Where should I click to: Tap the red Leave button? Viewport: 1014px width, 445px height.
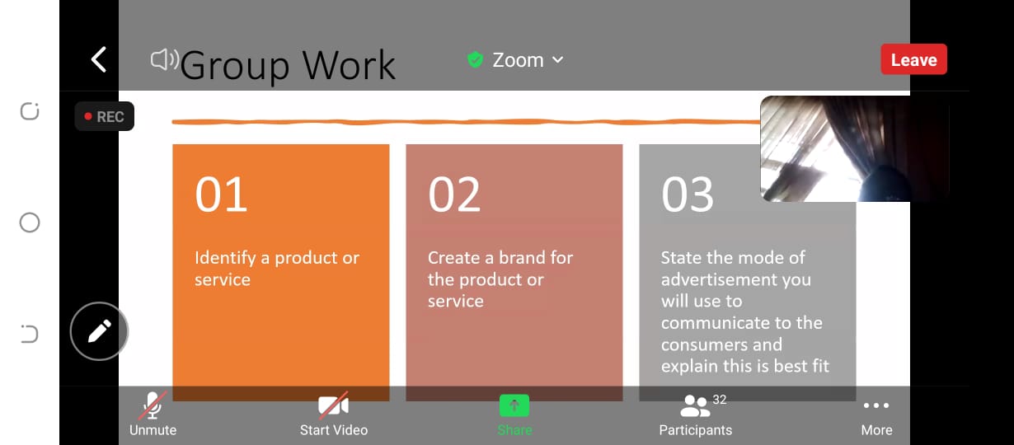(x=913, y=59)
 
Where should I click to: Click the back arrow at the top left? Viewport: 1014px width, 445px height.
(x=99, y=59)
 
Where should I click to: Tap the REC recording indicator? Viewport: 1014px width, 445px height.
(x=104, y=116)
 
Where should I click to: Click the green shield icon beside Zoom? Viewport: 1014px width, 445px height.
(x=475, y=59)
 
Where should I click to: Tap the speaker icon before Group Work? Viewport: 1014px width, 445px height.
(x=164, y=59)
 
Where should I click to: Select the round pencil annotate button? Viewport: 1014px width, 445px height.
(x=99, y=331)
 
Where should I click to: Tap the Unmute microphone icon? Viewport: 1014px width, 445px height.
(x=153, y=405)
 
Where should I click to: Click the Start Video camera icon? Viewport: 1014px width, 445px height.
(x=334, y=405)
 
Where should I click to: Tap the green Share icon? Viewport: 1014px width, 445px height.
(x=514, y=405)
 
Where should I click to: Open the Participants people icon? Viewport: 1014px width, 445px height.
(x=695, y=405)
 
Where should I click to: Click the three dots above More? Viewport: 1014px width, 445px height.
(x=876, y=405)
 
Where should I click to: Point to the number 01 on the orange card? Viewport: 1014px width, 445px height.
(x=221, y=194)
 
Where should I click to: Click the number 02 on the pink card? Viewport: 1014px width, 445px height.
(x=454, y=194)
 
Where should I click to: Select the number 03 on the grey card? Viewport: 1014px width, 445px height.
(x=688, y=194)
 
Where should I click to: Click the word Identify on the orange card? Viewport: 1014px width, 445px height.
(x=225, y=258)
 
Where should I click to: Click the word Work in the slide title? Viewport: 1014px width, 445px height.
(x=349, y=65)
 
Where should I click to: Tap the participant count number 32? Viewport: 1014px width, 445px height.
(x=720, y=400)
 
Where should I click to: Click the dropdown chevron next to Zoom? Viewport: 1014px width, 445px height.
(x=558, y=60)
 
